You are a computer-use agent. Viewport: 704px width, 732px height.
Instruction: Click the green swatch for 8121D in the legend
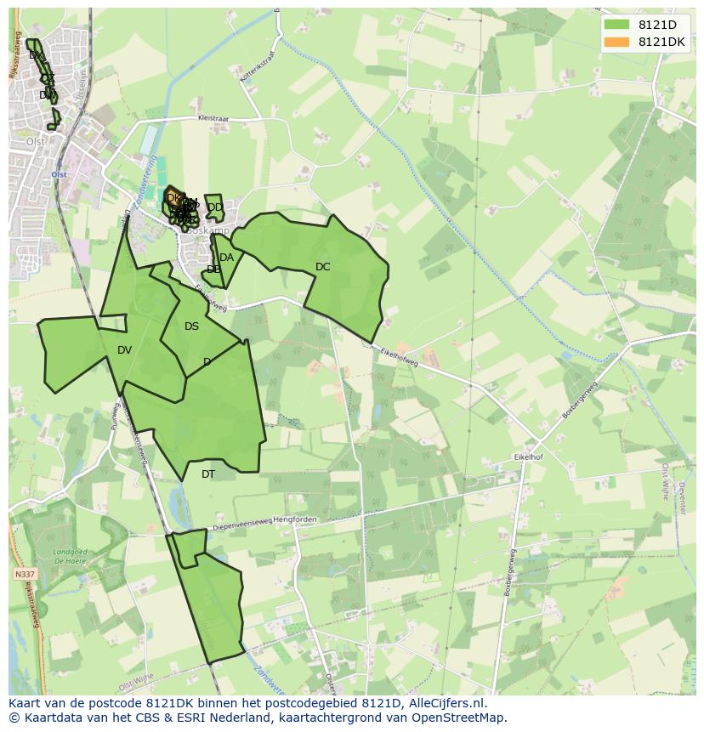coord(616,25)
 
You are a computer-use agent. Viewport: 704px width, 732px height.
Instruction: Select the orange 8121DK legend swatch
coord(616,42)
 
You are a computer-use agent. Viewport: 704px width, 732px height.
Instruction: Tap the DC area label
coord(322,267)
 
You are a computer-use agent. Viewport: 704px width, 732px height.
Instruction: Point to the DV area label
coord(125,350)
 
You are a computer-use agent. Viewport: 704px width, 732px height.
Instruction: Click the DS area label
coord(191,326)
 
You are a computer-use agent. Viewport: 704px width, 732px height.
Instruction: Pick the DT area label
coord(208,474)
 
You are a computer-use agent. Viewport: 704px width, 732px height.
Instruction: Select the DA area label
coord(226,258)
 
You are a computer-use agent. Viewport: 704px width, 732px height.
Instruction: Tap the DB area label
coord(213,270)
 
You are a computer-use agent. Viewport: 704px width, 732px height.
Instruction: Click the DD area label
coord(215,207)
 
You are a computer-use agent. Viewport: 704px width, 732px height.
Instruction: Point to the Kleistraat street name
coord(213,120)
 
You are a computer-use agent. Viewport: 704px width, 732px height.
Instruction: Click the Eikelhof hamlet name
coord(528,457)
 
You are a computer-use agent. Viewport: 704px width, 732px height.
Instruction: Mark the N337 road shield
coord(25,575)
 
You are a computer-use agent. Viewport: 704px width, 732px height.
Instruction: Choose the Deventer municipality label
coord(681,497)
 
